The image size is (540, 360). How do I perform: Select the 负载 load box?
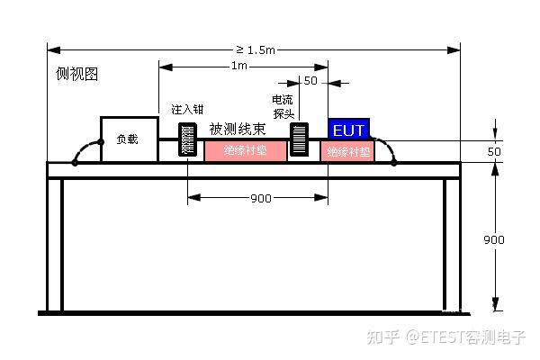tap(129, 139)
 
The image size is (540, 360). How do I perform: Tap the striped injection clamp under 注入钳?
tap(188, 140)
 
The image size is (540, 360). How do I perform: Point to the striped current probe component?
tap(299, 140)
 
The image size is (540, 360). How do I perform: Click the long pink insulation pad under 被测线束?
tap(246, 151)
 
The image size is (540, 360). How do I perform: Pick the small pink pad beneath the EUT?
tap(348, 151)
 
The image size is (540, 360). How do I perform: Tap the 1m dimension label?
tap(240, 67)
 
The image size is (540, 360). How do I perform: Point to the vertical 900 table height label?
tap(494, 240)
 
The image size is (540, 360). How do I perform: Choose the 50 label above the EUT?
tap(310, 82)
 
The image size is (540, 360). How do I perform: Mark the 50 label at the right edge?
tap(494, 152)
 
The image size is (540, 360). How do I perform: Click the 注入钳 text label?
tap(187, 110)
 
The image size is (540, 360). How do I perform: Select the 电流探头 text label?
tap(283, 106)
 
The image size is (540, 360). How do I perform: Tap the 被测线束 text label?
tap(241, 130)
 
